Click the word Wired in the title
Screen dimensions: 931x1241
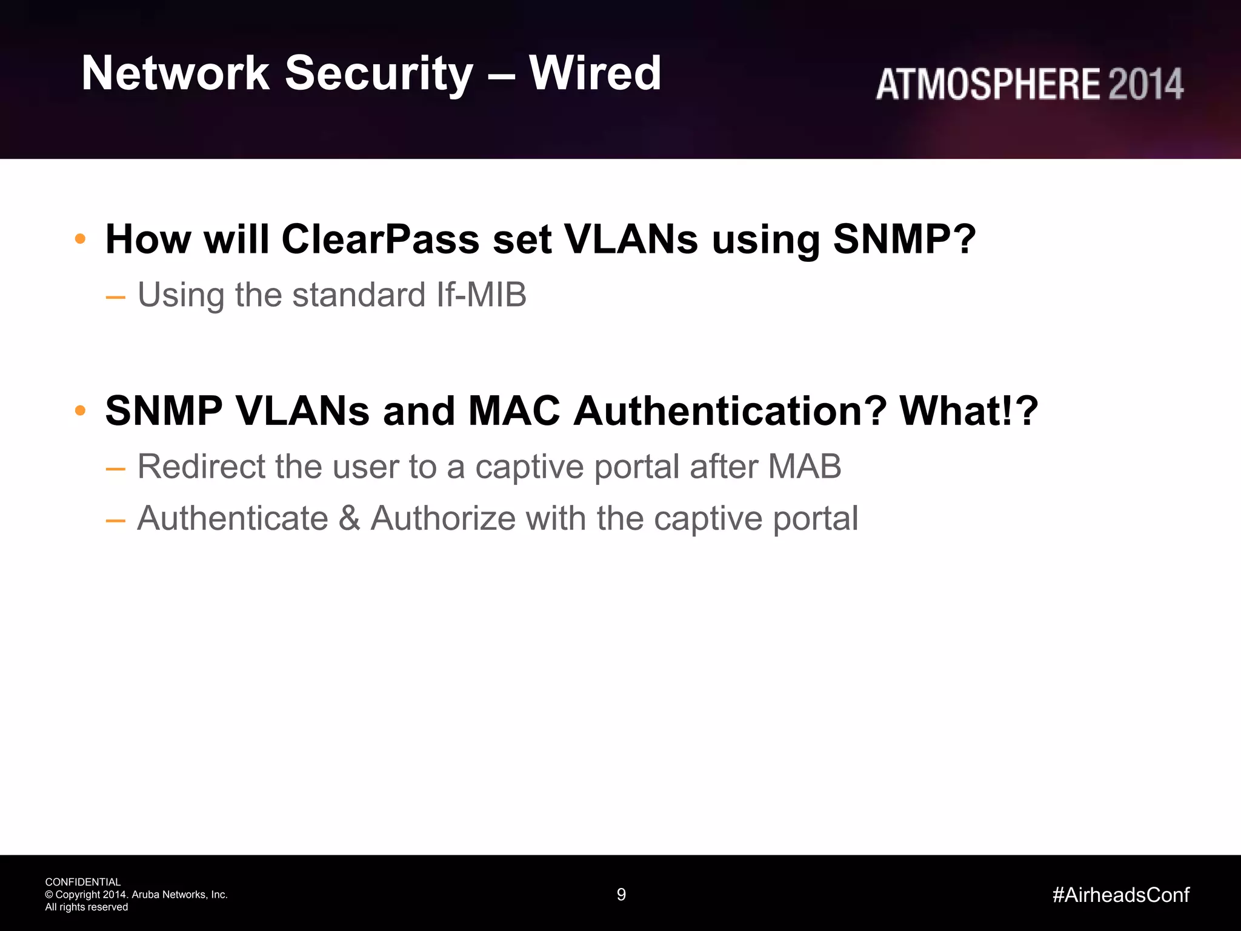[594, 73]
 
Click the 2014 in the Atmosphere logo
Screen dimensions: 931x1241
[1145, 84]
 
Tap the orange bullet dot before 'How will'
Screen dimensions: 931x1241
[80, 239]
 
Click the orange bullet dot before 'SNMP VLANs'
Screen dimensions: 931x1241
[80, 411]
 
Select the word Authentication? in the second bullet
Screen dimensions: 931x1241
[730, 411]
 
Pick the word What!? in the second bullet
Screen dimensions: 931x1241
[969, 411]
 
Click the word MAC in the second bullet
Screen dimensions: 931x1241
[514, 411]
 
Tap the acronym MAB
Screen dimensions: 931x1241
[804, 467]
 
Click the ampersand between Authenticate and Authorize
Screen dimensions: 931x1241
[349, 519]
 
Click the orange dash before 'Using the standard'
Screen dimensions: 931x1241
[115, 297]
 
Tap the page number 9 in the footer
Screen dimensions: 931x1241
[621, 895]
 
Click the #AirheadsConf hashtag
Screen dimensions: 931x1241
[1120, 895]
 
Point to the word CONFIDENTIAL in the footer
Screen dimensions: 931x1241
[83, 882]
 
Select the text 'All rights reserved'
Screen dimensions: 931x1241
[87, 907]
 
